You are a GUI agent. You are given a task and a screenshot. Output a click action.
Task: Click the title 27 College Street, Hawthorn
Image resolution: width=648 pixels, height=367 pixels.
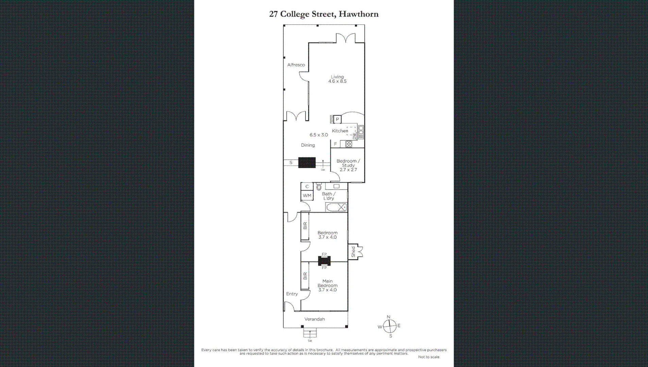pyautogui.click(x=324, y=14)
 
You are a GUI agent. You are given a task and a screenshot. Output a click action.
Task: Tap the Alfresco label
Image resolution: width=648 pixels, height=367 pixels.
pyautogui.click(x=296, y=65)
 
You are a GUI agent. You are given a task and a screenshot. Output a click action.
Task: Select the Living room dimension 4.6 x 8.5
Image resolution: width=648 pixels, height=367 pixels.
pyautogui.click(x=337, y=81)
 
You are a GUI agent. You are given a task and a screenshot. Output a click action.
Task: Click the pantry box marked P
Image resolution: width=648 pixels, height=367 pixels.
pyautogui.click(x=337, y=119)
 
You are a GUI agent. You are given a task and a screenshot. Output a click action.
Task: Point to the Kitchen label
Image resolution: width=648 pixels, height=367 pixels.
pyautogui.click(x=340, y=131)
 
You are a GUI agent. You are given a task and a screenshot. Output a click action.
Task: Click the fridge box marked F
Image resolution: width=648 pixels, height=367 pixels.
pyautogui.click(x=335, y=144)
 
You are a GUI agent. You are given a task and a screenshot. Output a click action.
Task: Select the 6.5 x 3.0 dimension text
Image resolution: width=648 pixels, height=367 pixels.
pyautogui.click(x=319, y=135)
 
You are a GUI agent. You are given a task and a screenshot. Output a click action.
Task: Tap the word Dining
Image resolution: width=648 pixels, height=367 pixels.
pyautogui.click(x=308, y=145)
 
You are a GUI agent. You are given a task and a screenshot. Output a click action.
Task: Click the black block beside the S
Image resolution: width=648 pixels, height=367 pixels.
pyautogui.click(x=307, y=163)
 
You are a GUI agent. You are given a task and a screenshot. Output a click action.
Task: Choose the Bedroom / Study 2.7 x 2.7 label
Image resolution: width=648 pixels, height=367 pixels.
pyautogui.click(x=348, y=165)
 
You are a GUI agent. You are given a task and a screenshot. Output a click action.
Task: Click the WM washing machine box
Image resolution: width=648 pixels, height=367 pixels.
pyautogui.click(x=307, y=196)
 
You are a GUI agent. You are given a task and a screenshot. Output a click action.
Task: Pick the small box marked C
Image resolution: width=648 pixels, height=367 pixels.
pyautogui.click(x=307, y=187)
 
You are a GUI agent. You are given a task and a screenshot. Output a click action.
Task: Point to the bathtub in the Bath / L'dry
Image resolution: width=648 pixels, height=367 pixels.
pyautogui.click(x=337, y=207)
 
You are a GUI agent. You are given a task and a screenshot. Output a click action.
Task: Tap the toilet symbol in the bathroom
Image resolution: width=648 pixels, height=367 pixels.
pyautogui.click(x=319, y=187)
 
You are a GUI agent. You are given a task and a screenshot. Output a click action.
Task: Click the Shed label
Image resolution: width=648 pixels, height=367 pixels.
pyautogui.click(x=353, y=252)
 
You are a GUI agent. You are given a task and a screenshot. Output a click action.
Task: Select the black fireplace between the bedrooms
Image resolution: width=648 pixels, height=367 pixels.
pyautogui.click(x=324, y=261)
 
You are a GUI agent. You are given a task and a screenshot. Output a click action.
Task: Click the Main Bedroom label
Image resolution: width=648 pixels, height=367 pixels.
pyautogui.click(x=327, y=285)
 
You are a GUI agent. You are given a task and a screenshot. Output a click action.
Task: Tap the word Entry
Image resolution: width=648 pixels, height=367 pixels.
pyautogui.click(x=292, y=294)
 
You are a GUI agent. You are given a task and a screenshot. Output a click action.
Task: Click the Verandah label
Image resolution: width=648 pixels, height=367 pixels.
pyautogui.click(x=314, y=319)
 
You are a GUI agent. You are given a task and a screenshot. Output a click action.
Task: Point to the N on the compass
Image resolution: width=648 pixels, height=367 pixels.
pyautogui.click(x=389, y=317)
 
